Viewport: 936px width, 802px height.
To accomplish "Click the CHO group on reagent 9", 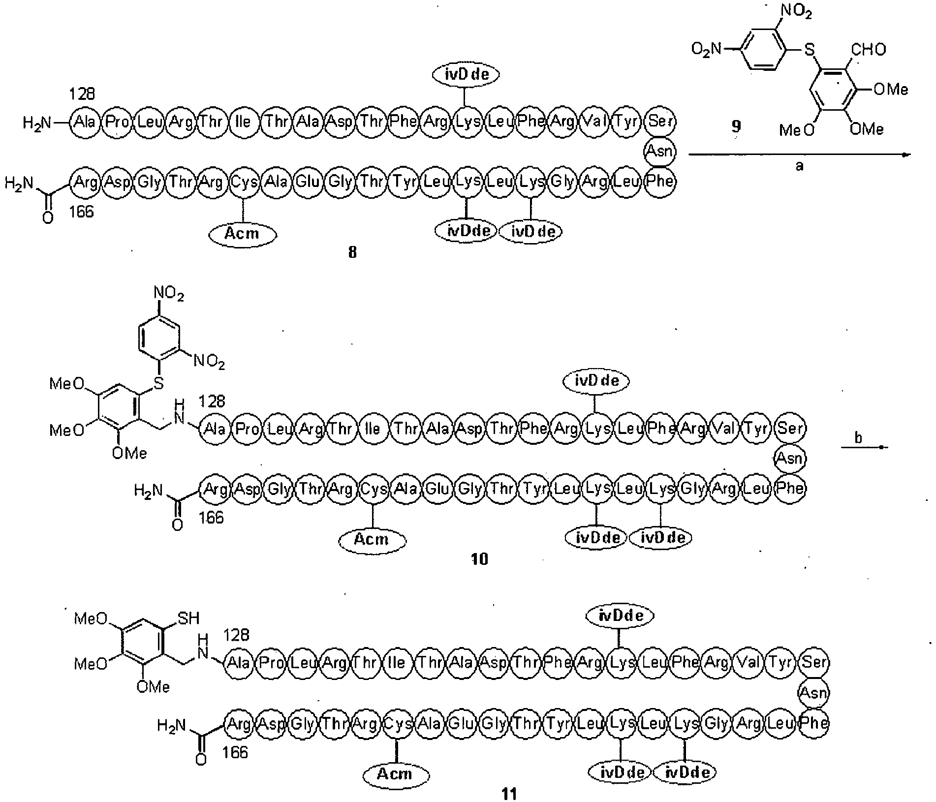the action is tap(868, 49).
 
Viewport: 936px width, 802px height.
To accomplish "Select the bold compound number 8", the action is tap(352, 253).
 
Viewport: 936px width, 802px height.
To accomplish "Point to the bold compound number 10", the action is tap(480, 559).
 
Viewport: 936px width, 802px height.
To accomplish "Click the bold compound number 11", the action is tap(509, 794).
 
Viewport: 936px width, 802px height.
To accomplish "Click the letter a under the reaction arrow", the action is tap(800, 166).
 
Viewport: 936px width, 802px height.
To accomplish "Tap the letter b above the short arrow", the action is tap(858, 437).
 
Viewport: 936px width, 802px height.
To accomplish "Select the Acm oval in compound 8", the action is tap(242, 234).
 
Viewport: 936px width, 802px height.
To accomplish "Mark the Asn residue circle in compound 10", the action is tap(790, 459).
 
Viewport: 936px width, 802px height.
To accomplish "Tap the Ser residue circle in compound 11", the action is tap(814, 662).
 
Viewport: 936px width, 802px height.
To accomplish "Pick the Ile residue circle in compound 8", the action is tap(243, 122).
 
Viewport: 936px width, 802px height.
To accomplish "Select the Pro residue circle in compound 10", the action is tap(247, 429).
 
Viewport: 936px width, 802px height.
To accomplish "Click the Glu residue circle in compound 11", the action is tap(461, 723).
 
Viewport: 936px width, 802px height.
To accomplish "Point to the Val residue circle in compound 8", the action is tap(594, 122).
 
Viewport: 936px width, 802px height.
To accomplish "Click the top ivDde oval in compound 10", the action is tap(595, 381).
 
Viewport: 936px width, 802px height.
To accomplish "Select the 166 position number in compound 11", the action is tap(235, 753).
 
